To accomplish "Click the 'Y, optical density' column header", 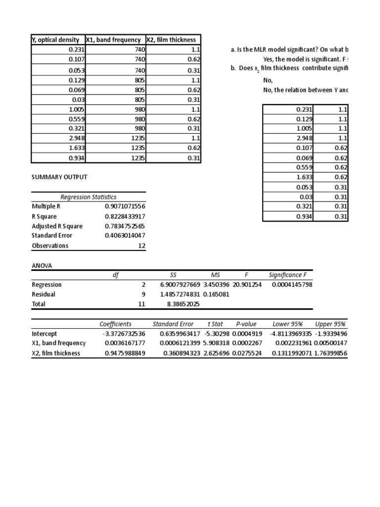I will pyautogui.click(x=55, y=40).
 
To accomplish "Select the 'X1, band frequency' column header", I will pyautogui.click(x=114, y=40).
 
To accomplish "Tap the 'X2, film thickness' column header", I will pyautogui.click(x=171, y=40).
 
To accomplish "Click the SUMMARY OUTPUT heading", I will pyautogui.click(x=59, y=177).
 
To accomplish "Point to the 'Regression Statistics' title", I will pyautogui.click(x=89, y=197).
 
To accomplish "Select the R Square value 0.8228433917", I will pyautogui.click(x=125, y=216).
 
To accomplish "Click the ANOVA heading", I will pyautogui.click(x=42, y=266).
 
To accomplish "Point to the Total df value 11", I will pyautogui.click(x=142, y=304).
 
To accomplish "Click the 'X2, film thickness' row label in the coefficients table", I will pyautogui.click(x=56, y=354).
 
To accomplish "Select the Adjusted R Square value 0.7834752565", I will pyautogui.click(x=125, y=226).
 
